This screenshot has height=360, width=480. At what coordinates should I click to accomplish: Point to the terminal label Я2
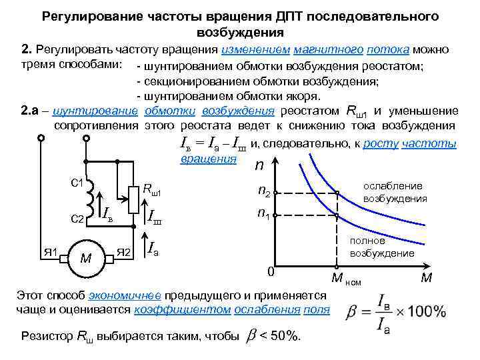[124, 252]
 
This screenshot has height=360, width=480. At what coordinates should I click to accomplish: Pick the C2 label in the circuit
[77, 218]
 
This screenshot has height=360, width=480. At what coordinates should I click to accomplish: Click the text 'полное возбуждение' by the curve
[383, 247]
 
